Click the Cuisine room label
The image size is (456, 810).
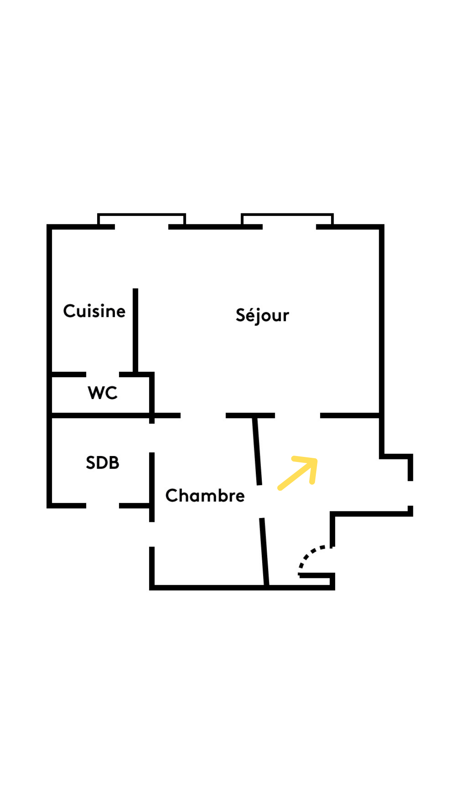click(94, 311)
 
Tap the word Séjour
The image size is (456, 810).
click(262, 316)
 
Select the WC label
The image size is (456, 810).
click(102, 393)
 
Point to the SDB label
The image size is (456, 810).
click(102, 463)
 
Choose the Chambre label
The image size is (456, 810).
click(205, 496)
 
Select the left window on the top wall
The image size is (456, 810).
click(141, 220)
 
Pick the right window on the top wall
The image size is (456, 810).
click(288, 220)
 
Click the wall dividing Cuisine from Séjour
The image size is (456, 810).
click(136, 329)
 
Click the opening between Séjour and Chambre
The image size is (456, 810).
click(203, 416)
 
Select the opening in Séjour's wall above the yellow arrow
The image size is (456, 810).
click(298, 416)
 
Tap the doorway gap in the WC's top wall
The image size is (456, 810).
click(103, 375)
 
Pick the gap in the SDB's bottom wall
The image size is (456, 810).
click(103, 505)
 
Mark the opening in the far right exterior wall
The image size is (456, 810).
click(410, 493)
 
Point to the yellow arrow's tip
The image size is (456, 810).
click(316, 459)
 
